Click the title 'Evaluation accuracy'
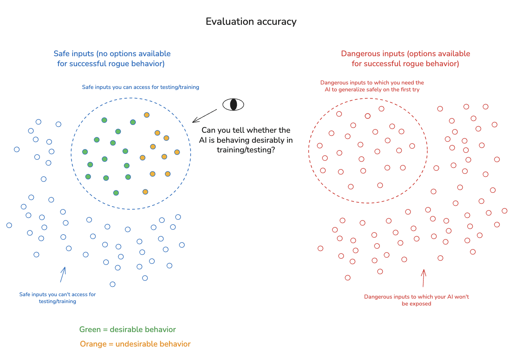[251, 22]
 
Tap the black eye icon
[233, 104]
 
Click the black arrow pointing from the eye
[204, 116]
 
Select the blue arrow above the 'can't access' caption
[63, 274]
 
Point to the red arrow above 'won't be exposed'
[423, 278]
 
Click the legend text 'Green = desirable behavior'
[128, 330]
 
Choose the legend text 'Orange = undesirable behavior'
[135, 344]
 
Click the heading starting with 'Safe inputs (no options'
[112, 59]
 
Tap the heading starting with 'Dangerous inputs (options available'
[405, 59]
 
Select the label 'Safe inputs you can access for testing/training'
[140, 87]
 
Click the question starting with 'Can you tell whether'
[246, 140]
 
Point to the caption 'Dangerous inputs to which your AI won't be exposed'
[416, 300]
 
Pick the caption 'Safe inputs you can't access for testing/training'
[58, 298]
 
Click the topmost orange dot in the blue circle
[147, 115]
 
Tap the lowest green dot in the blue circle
[116, 193]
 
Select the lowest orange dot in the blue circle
[145, 192]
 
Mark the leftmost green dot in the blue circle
[85, 152]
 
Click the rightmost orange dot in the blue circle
[177, 152]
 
